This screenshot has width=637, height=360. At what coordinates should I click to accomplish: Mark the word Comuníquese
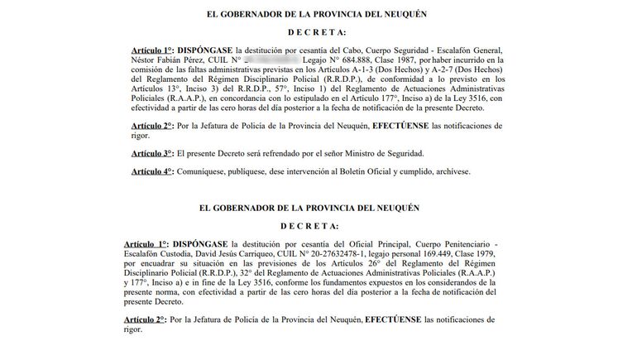click(x=204, y=171)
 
